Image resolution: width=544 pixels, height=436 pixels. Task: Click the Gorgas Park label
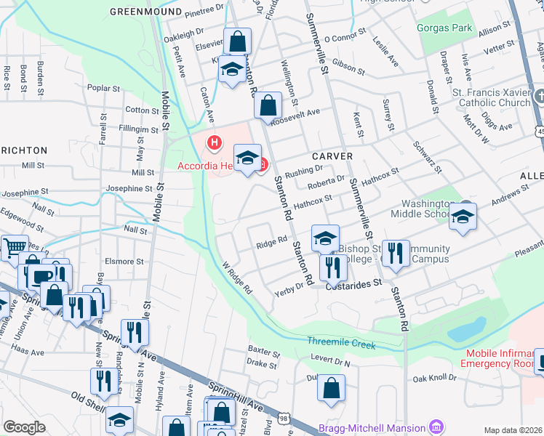444,28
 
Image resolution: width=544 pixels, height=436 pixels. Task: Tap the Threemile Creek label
341,342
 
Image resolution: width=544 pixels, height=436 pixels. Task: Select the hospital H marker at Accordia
214,142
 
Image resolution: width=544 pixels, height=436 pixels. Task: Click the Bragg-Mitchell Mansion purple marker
436,425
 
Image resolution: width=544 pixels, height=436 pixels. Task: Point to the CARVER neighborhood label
332,156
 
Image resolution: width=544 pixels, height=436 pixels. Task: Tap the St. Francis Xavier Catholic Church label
491,97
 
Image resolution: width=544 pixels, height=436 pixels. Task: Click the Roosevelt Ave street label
301,113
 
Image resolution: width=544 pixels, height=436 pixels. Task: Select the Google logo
24,427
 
